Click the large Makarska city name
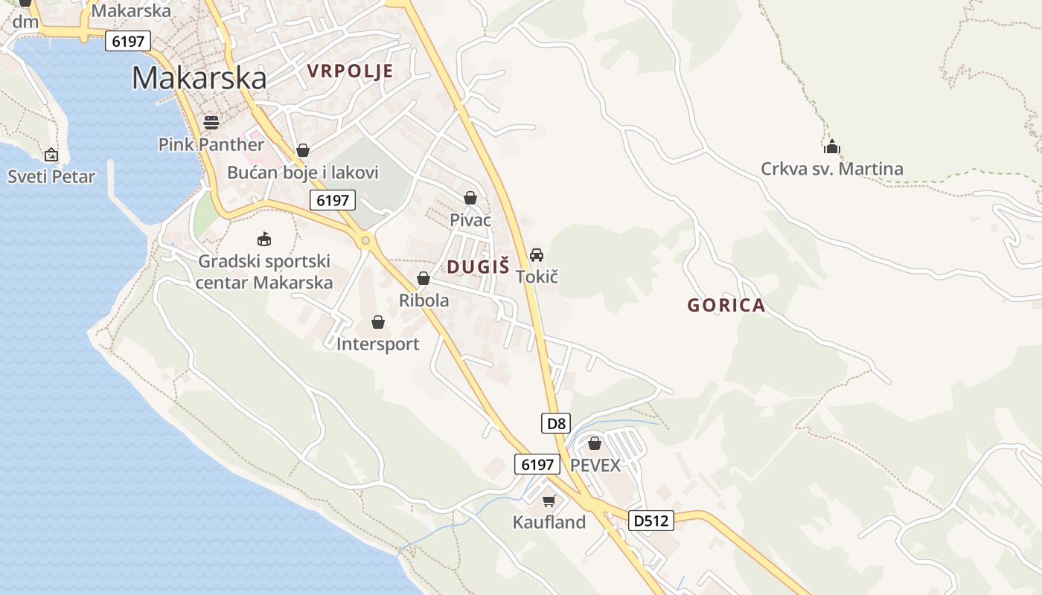click(x=199, y=78)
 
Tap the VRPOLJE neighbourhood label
click(x=350, y=71)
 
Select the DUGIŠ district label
click(x=479, y=266)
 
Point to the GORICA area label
click(x=726, y=305)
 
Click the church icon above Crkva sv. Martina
click(x=832, y=147)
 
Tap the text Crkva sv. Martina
click(x=831, y=169)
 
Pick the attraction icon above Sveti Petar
click(x=51, y=155)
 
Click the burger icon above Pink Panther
click(x=211, y=122)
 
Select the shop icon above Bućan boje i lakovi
click(x=302, y=150)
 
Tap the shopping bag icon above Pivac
click(x=470, y=198)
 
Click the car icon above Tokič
click(x=537, y=254)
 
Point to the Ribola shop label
click(x=424, y=300)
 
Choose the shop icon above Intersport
click(x=378, y=322)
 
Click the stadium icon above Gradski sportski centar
click(x=264, y=239)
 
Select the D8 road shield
click(x=556, y=424)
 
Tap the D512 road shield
click(x=651, y=521)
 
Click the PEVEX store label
click(x=595, y=465)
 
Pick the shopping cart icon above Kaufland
click(x=549, y=501)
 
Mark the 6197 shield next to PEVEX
click(x=537, y=465)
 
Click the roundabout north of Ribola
click(x=365, y=240)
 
